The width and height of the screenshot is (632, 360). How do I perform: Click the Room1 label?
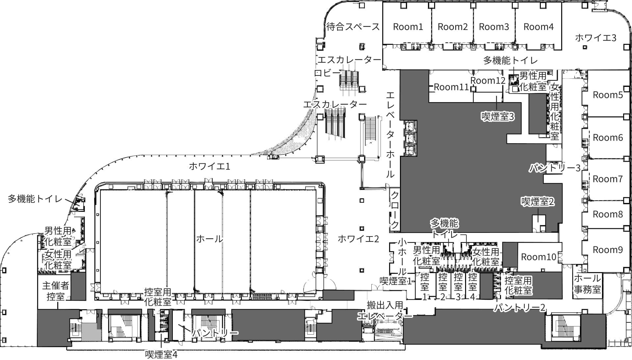click(x=408, y=27)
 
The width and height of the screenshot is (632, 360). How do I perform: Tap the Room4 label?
click(x=539, y=27)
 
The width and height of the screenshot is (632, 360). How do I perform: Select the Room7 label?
click(x=608, y=179)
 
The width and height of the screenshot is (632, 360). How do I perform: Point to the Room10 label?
click(x=539, y=257)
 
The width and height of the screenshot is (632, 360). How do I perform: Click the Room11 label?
click(x=451, y=87)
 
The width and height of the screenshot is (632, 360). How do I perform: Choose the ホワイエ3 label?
click(x=595, y=38)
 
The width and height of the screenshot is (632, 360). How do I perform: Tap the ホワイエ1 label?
click(x=209, y=166)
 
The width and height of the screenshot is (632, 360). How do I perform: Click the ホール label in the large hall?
click(x=210, y=239)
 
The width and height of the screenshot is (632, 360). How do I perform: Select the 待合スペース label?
click(x=353, y=27)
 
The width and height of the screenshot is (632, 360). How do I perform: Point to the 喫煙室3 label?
click(x=498, y=116)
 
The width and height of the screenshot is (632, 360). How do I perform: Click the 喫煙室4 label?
click(x=161, y=354)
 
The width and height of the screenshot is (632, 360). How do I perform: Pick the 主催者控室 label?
click(x=55, y=291)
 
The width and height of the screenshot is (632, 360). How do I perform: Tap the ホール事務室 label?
click(x=588, y=284)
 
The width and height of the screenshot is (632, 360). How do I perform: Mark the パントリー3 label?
click(x=555, y=168)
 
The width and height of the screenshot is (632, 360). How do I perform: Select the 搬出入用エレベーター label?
click(x=385, y=310)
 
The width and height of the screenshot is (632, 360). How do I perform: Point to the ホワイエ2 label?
click(x=358, y=239)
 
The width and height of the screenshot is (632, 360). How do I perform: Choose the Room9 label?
click(x=608, y=250)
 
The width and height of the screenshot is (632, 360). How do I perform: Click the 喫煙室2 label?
click(x=538, y=202)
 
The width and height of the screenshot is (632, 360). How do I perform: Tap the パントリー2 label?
click(x=519, y=308)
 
